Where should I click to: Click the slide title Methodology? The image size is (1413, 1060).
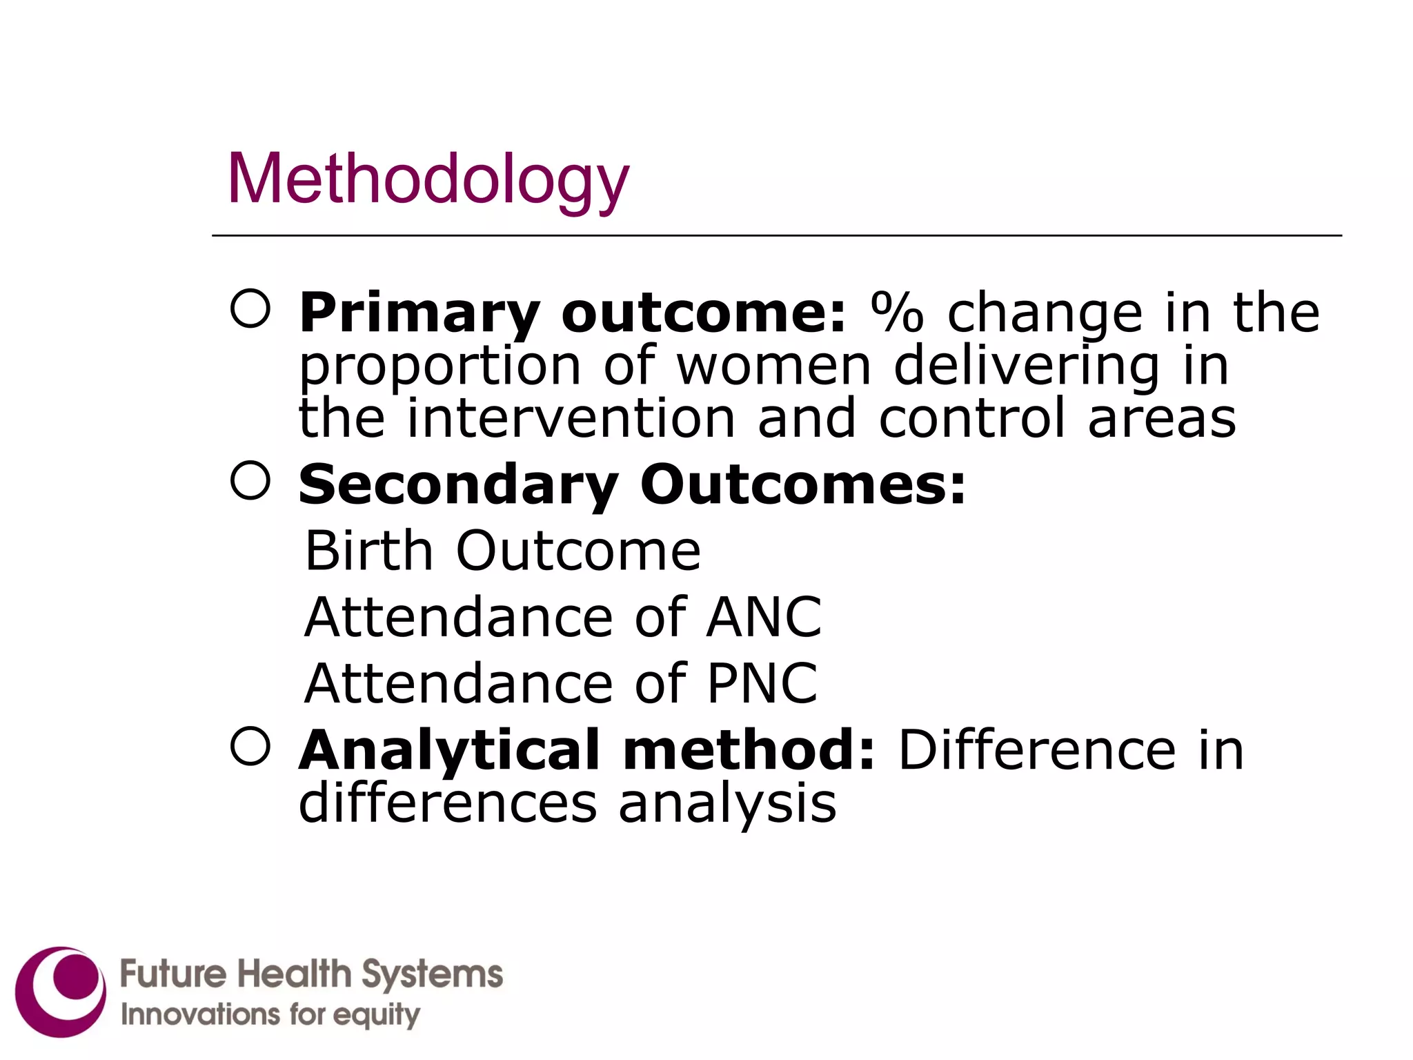click(x=428, y=179)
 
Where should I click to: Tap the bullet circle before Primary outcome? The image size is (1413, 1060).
click(x=250, y=308)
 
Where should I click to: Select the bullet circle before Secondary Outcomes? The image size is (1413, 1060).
click(x=250, y=480)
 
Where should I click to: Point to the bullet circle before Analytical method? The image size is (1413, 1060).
click(x=250, y=746)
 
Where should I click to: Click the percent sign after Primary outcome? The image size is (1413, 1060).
click(x=896, y=313)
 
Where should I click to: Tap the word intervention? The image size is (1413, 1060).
click(x=571, y=419)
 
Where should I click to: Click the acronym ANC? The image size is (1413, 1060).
click(x=764, y=617)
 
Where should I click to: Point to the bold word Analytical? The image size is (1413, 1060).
click(x=449, y=750)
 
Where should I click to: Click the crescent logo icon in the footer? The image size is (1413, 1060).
click(x=61, y=991)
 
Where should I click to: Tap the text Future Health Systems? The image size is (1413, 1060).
click(x=311, y=974)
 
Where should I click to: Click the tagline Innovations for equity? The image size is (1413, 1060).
click(x=270, y=1014)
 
